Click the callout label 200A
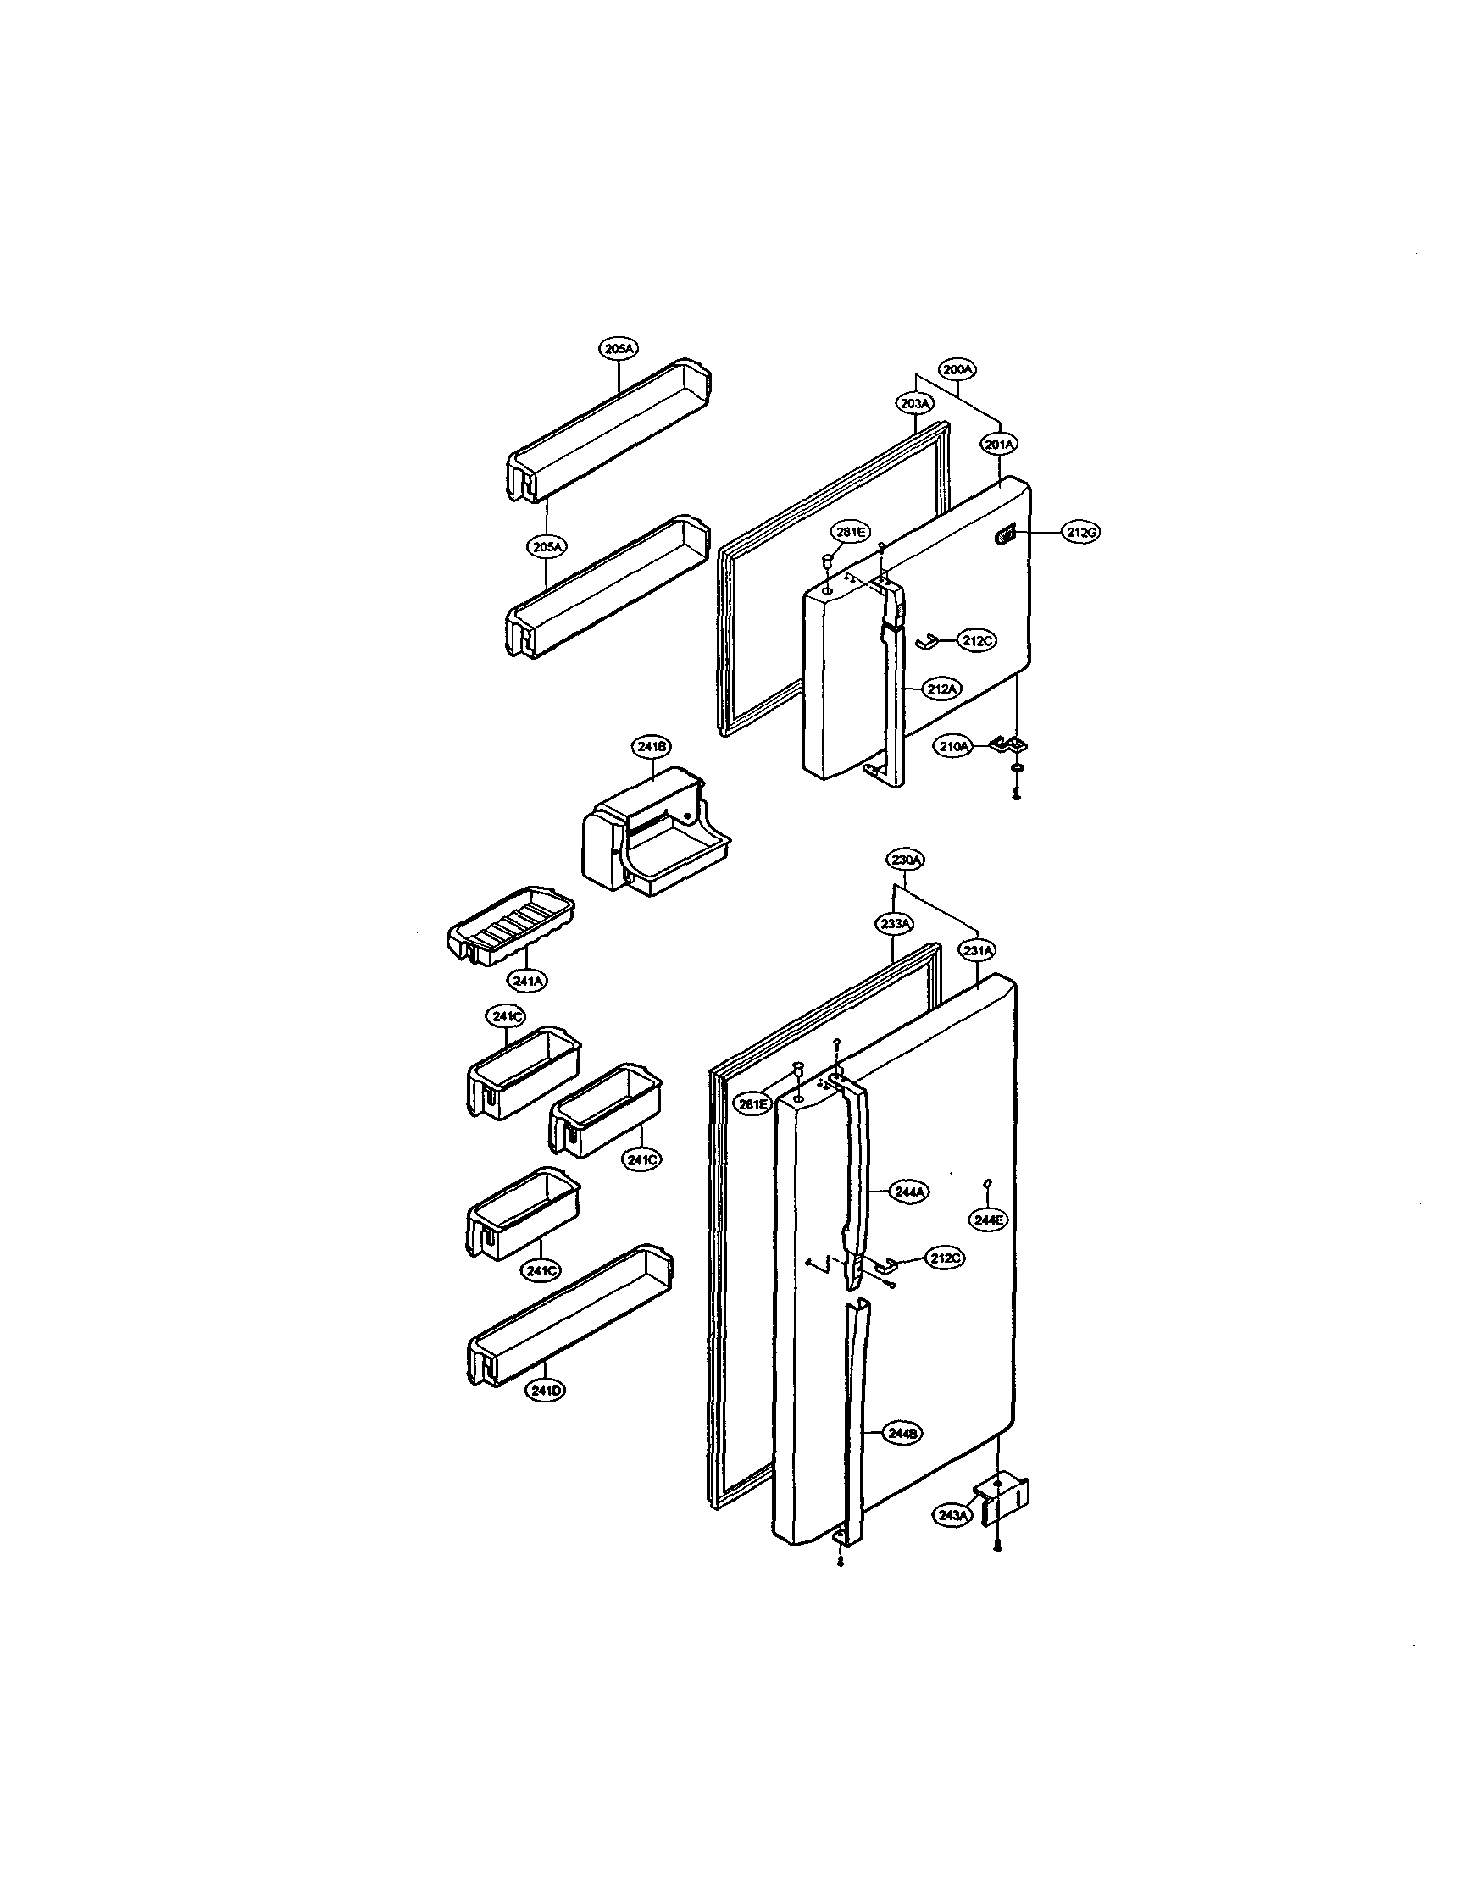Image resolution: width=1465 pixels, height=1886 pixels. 958,368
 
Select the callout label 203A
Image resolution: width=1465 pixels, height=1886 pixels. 915,403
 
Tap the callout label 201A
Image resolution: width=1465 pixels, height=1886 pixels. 1000,444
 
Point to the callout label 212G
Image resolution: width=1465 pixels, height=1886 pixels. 1080,533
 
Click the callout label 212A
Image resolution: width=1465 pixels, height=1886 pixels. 941,689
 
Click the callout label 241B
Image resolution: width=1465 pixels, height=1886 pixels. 652,746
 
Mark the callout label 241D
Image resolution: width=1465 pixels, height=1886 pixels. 545,1391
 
